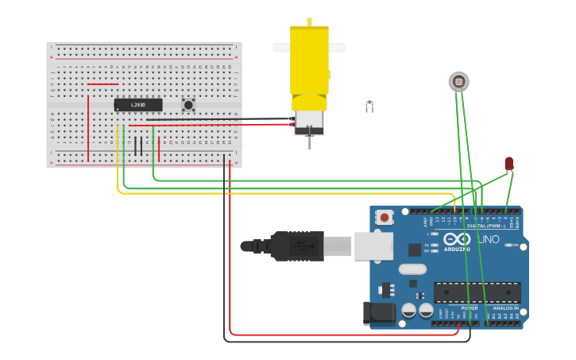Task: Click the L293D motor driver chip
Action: pos(138,105)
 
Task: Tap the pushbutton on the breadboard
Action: pos(188,104)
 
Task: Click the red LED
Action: pos(509,163)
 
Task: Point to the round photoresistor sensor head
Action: pos(458,81)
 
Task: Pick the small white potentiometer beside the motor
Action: pos(369,103)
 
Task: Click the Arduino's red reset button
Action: pos(385,217)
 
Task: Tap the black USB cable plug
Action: pos(296,246)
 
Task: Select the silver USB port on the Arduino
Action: pos(373,246)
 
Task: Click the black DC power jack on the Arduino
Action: pos(378,313)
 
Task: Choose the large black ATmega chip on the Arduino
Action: pos(477,292)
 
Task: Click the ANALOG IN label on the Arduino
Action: pos(505,308)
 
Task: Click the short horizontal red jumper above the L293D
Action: pos(102,83)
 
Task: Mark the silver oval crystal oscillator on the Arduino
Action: pos(413,269)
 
